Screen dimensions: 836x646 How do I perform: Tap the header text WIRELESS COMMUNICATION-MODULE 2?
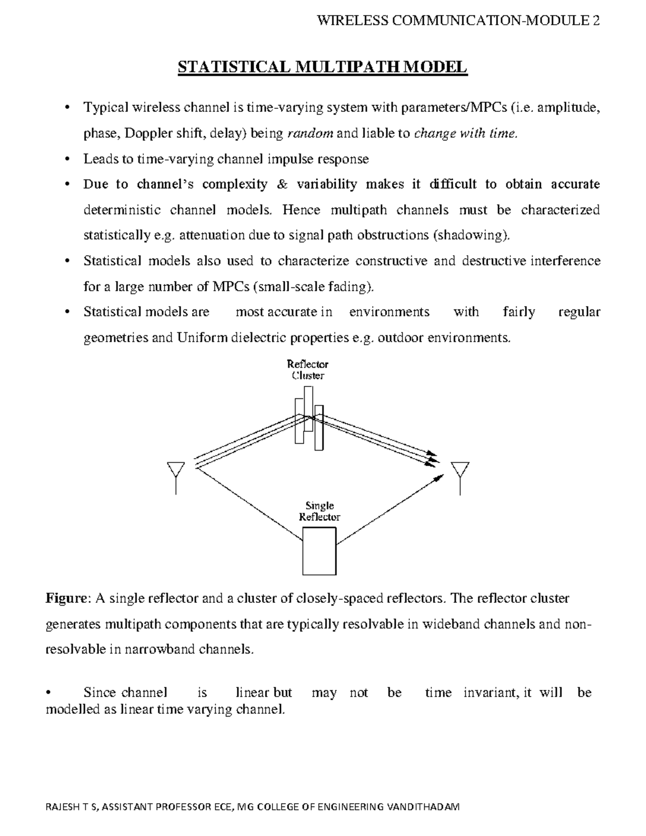(x=459, y=21)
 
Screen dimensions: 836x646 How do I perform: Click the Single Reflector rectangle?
(x=319, y=551)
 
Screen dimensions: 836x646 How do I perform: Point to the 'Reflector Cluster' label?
(x=308, y=370)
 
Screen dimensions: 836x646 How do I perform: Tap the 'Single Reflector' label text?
(x=319, y=511)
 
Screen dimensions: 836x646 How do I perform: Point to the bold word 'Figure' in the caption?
(x=65, y=599)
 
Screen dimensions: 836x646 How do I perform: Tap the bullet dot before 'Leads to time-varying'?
(x=67, y=159)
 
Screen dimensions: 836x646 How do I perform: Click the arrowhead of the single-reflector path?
(x=439, y=476)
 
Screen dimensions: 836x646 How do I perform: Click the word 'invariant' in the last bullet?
(x=488, y=693)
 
